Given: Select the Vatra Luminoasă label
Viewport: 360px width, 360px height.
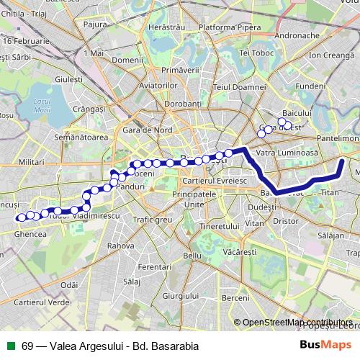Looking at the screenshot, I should tap(287, 153).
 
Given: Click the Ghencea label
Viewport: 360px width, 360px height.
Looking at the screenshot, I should tap(30, 233).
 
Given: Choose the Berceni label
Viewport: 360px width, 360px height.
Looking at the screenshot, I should tap(235, 297).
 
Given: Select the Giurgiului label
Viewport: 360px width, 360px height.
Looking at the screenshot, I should tap(180, 296).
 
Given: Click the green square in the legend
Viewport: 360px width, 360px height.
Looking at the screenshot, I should tap(11, 345).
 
